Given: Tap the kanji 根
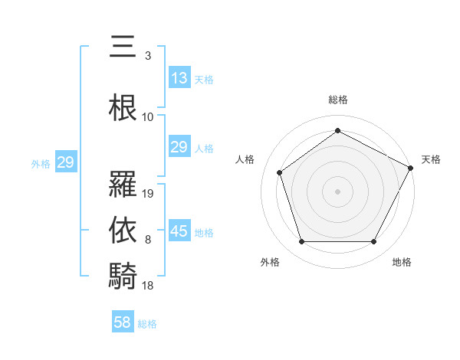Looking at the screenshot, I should [123, 108].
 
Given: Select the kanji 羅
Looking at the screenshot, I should [123, 184].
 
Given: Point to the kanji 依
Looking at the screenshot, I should [123, 231].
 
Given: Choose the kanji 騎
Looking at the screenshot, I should [123, 275].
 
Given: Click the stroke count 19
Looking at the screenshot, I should [149, 194].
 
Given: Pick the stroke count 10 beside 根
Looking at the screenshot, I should [148, 117].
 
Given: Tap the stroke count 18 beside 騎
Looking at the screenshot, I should [149, 285].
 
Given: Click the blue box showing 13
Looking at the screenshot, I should [179, 78].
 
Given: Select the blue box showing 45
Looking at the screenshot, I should [179, 231].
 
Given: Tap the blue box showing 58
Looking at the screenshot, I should [123, 322].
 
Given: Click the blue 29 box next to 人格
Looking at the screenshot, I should [179, 147].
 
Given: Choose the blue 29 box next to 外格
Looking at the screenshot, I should [65, 162].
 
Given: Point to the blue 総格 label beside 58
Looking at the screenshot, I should [147, 324].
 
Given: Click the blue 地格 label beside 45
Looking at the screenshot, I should [204, 233].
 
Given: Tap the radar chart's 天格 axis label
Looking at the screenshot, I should [431, 159].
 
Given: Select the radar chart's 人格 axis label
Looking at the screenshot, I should [245, 159].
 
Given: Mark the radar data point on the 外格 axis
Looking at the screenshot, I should [301, 242].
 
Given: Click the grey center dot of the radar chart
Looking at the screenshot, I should [337, 191].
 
